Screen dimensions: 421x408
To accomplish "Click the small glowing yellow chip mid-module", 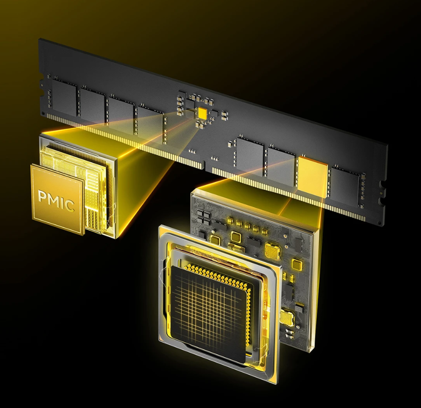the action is point(202,113).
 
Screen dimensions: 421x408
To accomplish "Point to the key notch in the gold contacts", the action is point(205,165).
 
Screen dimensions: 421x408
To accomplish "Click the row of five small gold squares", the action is point(247,225).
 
